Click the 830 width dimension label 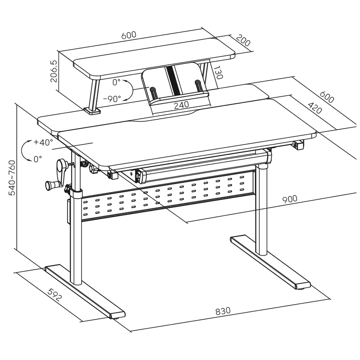pos(223,311)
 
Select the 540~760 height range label pos(12,178)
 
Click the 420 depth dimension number pos(315,108)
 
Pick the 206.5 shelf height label pos(54,71)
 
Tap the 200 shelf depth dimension pos(243,40)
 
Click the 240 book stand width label pos(182,104)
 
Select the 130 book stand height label pos(218,73)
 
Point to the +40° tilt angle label pos(43,142)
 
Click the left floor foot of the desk pos(84,292)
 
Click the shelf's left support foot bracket pos(92,111)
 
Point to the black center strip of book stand pos(171,80)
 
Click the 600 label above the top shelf pos(129,36)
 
